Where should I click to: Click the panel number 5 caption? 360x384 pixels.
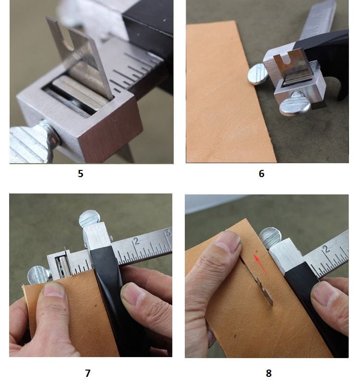click(81, 174)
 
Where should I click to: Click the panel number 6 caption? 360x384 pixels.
click(262, 174)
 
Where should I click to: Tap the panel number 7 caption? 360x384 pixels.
click(88, 373)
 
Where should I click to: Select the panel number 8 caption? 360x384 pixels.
click(269, 373)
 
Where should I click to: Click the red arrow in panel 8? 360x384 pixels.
click(260, 264)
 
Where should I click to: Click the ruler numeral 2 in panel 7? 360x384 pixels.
click(137, 241)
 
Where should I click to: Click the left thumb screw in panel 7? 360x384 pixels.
click(39, 275)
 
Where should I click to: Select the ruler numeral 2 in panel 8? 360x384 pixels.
click(326, 249)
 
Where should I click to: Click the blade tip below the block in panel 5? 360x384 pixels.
click(128, 154)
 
